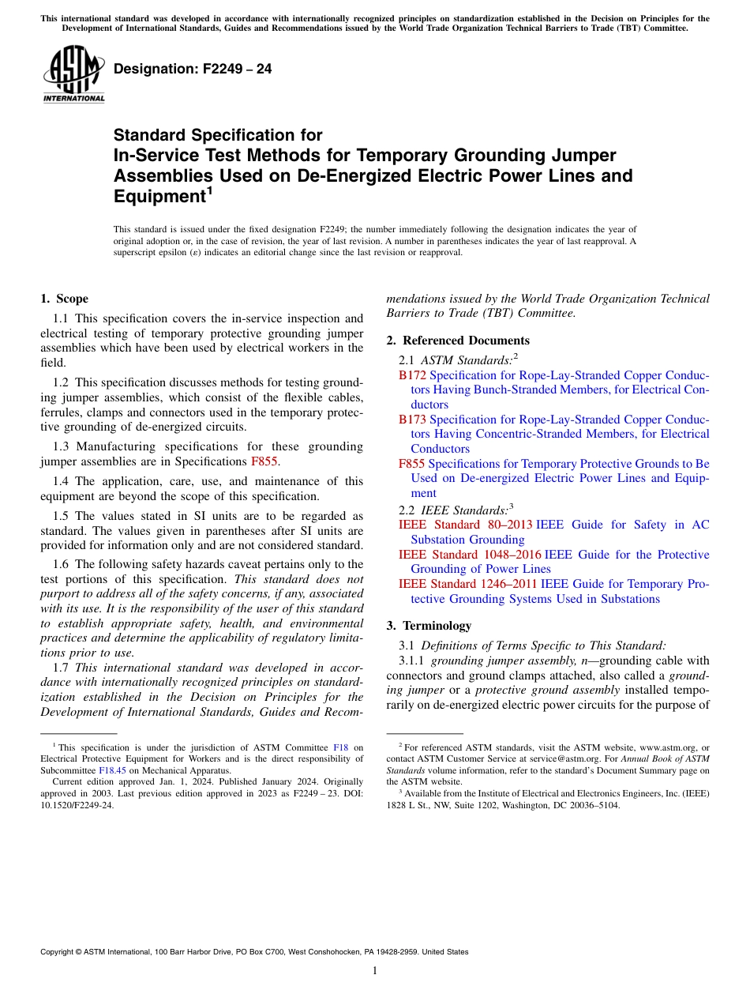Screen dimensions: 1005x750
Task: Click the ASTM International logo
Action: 73,74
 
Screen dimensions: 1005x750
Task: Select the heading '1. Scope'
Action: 64,299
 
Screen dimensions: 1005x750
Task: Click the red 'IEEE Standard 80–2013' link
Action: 465,525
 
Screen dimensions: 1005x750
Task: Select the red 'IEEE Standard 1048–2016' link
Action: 470,555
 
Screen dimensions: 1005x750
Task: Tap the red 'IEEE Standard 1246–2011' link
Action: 467,584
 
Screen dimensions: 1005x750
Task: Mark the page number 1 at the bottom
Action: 375,971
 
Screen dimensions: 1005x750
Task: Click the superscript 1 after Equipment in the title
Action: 209,191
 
